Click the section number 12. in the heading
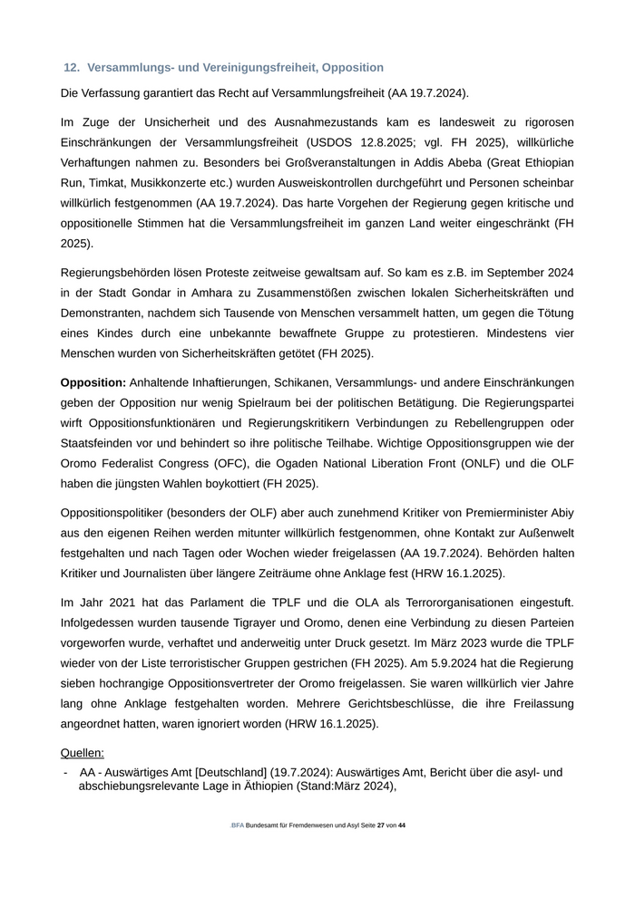tap(72, 68)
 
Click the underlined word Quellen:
tap(82, 753)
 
